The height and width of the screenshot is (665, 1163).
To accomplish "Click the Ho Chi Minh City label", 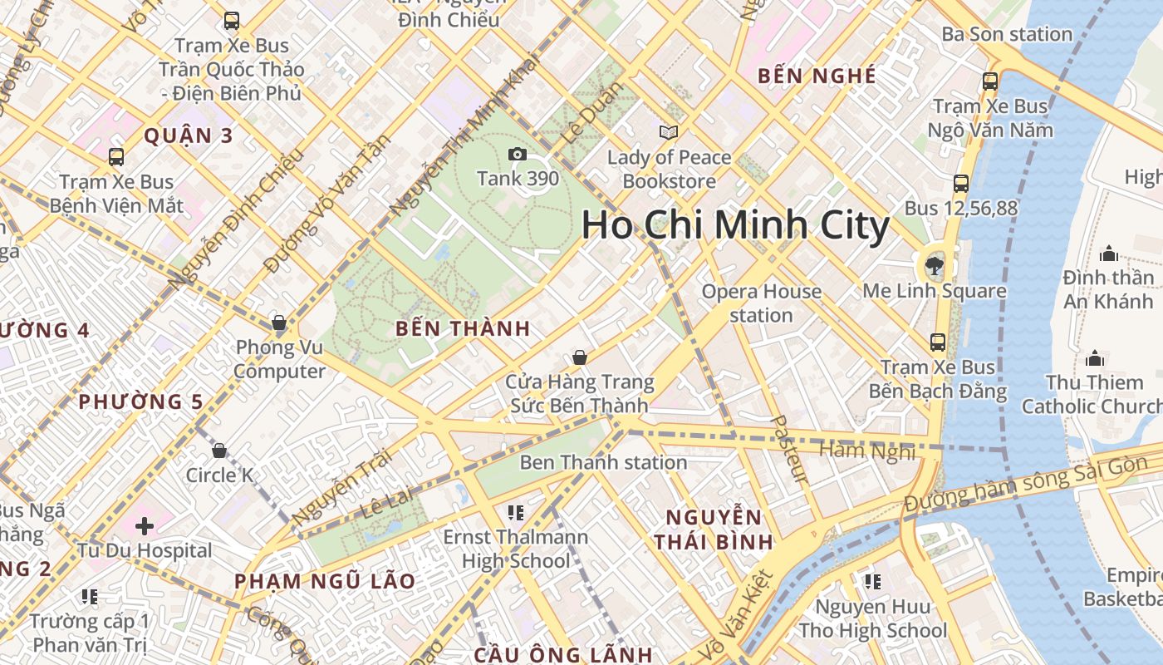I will pyautogui.click(x=735, y=225).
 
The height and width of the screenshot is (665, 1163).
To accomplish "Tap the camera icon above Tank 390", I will pyautogui.click(x=517, y=154).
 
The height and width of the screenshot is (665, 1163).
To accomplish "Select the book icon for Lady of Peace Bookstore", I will pyautogui.click(x=669, y=132).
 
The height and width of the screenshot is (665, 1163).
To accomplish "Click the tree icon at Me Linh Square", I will pyautogui.click(x=935, y=266).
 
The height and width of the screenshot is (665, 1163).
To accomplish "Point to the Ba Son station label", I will pyautogui.click(x=1006, y=34).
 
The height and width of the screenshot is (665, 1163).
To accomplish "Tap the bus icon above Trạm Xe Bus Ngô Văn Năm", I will pyautogui.click(x=989, y=81).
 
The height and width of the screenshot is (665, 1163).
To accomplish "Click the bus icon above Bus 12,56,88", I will pyautogui.click(x=961, y=184).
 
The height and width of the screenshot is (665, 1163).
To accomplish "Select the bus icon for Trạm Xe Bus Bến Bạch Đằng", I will pyautogui.click(x=938, y=342).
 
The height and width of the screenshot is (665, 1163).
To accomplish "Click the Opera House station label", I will pyautogui.click(x=762, y=303).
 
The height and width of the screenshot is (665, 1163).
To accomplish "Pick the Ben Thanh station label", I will pyautogui.click(x=603, y=462).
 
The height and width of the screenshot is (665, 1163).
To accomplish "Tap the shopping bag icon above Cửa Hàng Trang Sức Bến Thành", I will pyautogui.click(x=580, y=357).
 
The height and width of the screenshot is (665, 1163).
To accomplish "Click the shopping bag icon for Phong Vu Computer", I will pyautogui.click(x=279, y=323).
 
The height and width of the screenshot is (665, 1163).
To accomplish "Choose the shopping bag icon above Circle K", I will pyautogui.click(x=219, y=451).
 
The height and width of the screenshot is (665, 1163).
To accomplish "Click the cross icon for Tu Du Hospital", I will pyautogui.click(x=145, y=525).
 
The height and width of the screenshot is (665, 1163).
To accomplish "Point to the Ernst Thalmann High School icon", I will pyautogui.click(x=515, y=512).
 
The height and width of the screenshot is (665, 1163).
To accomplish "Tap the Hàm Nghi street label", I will pyautogui.click(x=866, y=451).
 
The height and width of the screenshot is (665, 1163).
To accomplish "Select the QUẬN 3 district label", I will pyautogui.click(x=189, y=135).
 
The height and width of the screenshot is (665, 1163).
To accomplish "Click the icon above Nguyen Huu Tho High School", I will pyautogui.click(x=872, y=581).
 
